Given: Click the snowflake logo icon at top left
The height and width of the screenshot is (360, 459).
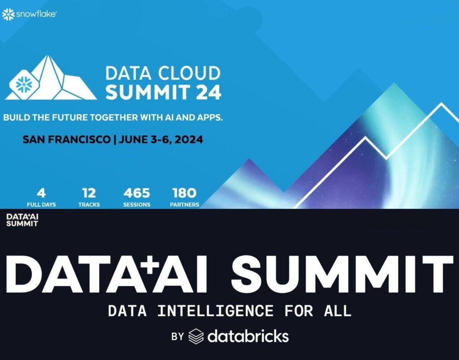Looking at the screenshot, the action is click(x=8, y=14).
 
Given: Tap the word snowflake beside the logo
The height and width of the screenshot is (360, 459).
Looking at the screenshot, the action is click(x=36, y=14).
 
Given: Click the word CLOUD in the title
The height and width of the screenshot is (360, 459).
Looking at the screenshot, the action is click(x=190, y=73).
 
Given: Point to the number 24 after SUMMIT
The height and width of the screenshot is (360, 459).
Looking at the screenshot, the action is click(x=208, y=92).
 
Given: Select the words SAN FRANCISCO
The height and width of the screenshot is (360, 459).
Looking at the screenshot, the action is click(x=66, y=139).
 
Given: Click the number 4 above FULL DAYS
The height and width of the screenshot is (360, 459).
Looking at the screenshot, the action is click(x=41, y=193).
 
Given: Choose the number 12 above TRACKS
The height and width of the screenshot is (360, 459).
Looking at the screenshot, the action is click(x=89, y=193).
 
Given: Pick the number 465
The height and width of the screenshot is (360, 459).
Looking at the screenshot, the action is click(x=137, y=193).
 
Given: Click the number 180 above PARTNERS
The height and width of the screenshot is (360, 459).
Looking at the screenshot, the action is click(x=184, y=193).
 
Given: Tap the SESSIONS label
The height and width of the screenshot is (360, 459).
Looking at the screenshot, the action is click(x=137, y=204).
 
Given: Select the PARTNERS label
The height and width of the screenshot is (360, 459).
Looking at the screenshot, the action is click(x=184, y=204).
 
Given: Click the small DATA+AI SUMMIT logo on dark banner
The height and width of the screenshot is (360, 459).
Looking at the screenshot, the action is click(x=22, y=220).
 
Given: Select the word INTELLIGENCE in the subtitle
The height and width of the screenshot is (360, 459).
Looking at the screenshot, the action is click(x=216, y=311).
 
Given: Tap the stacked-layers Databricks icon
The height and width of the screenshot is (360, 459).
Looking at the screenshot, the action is click(x=196, y=336).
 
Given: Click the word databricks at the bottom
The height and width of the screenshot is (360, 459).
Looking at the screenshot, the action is click(x=248, y=336).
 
